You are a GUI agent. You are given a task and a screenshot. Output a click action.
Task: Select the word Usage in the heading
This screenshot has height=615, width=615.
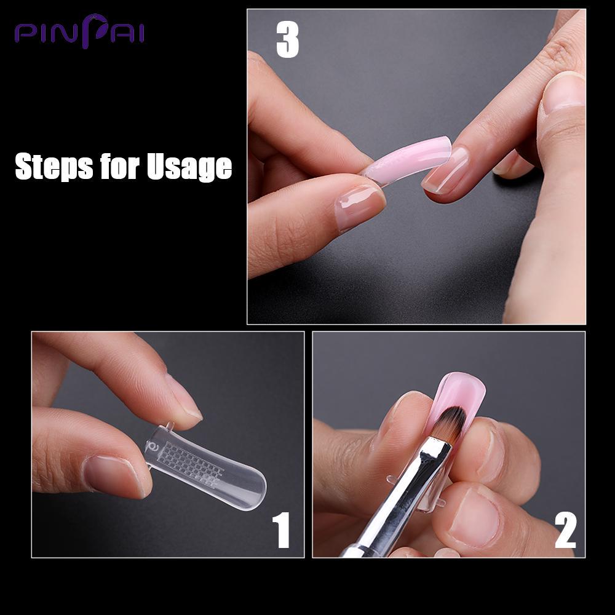(x=189, y=167)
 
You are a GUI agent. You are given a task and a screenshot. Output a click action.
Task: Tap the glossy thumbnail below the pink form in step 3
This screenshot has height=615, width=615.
(x=359, y=206)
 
